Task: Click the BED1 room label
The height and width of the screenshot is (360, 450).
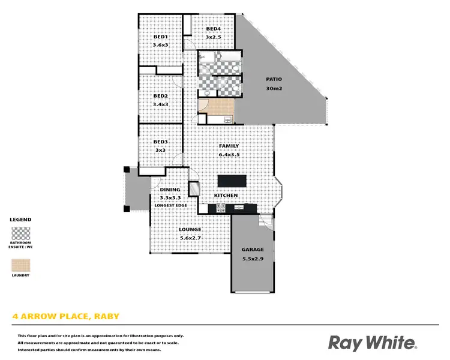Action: (x=160, y=37)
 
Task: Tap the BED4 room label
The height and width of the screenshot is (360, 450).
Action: (x=214, y=29)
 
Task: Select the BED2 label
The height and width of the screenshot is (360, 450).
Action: (x=160, y=96)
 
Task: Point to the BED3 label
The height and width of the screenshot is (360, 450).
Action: (x=160, y=142)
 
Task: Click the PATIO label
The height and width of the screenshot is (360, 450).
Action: (x=274, y=79)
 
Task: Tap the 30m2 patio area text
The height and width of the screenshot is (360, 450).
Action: (x=274, y=89)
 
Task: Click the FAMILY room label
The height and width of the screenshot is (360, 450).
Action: (x=229, y=146)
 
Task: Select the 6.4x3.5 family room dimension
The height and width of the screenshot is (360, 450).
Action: (x=229, y=154)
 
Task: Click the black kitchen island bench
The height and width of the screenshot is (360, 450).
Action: (x=232, y=181)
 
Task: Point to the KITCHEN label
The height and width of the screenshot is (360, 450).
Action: (x=226, y=196)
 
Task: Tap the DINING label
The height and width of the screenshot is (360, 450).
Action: (x=170, y=190)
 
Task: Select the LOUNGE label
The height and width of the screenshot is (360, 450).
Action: (x=190, y=229)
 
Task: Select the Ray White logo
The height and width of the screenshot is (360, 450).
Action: (x=372, y=343)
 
